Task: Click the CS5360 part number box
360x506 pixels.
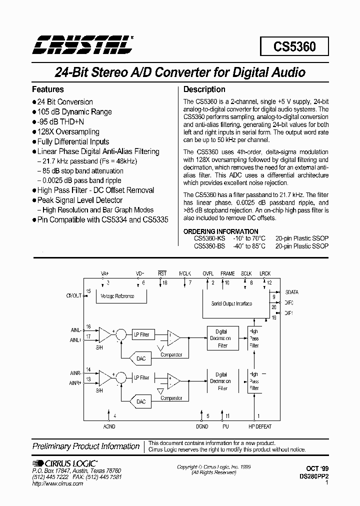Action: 294,47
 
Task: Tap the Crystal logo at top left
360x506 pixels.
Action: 81,44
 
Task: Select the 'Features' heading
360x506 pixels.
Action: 48,89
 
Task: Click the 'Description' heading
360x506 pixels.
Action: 204,89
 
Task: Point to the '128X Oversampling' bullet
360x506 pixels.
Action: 68,132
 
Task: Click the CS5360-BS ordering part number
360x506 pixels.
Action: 209,246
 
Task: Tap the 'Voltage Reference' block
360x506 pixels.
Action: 117,296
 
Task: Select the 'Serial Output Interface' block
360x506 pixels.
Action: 231,303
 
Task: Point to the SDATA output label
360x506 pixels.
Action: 292,291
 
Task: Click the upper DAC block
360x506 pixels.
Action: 141,358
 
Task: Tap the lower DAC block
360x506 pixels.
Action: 141,401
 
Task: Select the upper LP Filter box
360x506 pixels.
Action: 141,334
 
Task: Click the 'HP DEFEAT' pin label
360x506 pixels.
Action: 260,426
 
